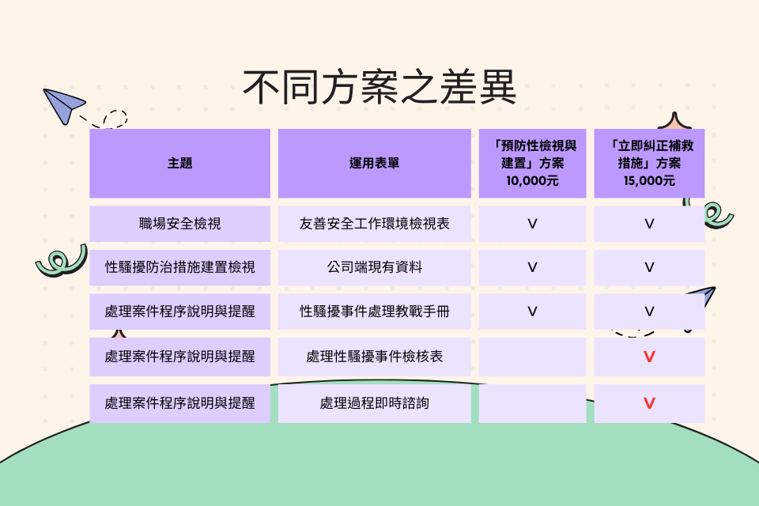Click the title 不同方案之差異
(379, 87)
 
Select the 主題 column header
(179, 163)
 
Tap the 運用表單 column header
(374, 163)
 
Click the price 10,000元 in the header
(532, 181)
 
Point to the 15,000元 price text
(649, 181)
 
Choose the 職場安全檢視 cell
(179, 224)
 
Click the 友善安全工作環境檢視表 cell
(374, 224)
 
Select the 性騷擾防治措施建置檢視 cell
(179, 267)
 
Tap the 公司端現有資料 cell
(374, 267)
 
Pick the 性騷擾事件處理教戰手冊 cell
(374, 312)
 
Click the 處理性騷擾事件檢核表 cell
(374, 357)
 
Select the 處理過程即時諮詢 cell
(374, 403)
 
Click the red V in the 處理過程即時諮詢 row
(649, 403)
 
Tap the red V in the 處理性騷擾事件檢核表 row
(649, 357)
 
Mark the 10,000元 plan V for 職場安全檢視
(532, 225)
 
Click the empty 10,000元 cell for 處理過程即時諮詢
(532, 403)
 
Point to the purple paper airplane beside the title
(63, 105)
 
